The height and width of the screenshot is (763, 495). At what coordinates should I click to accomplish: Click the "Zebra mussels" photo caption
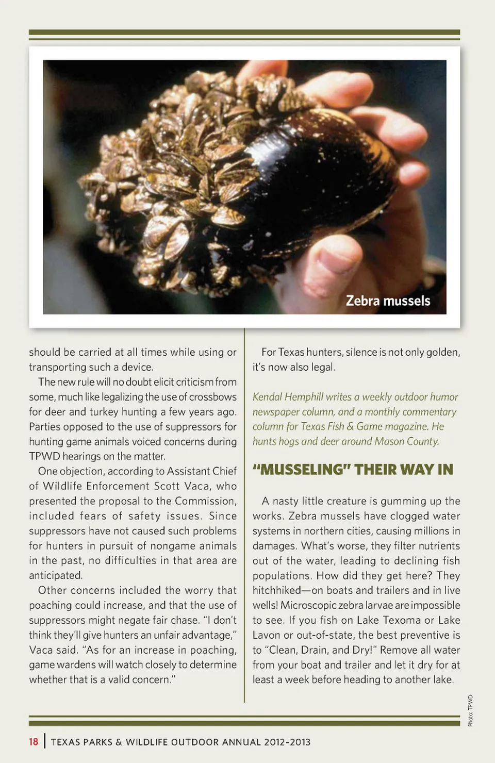pyautogui.click(x=388, y=301)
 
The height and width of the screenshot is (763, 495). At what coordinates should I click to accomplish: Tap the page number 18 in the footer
pyautogui.click(x=34, y=742)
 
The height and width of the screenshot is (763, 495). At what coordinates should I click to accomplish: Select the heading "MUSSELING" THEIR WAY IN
pyautogui.click(x=353, y=470)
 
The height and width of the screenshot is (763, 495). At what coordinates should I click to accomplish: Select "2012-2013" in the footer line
pyautogui.click(x=287, y=742)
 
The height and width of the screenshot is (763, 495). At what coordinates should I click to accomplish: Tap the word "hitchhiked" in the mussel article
pyautogui.click(x=276, y=590)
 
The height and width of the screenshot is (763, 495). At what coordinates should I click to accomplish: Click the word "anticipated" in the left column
pyautogui.click(x=55, y=575)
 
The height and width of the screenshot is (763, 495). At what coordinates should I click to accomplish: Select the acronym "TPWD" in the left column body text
pyautogui.click(x=44, y=456)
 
